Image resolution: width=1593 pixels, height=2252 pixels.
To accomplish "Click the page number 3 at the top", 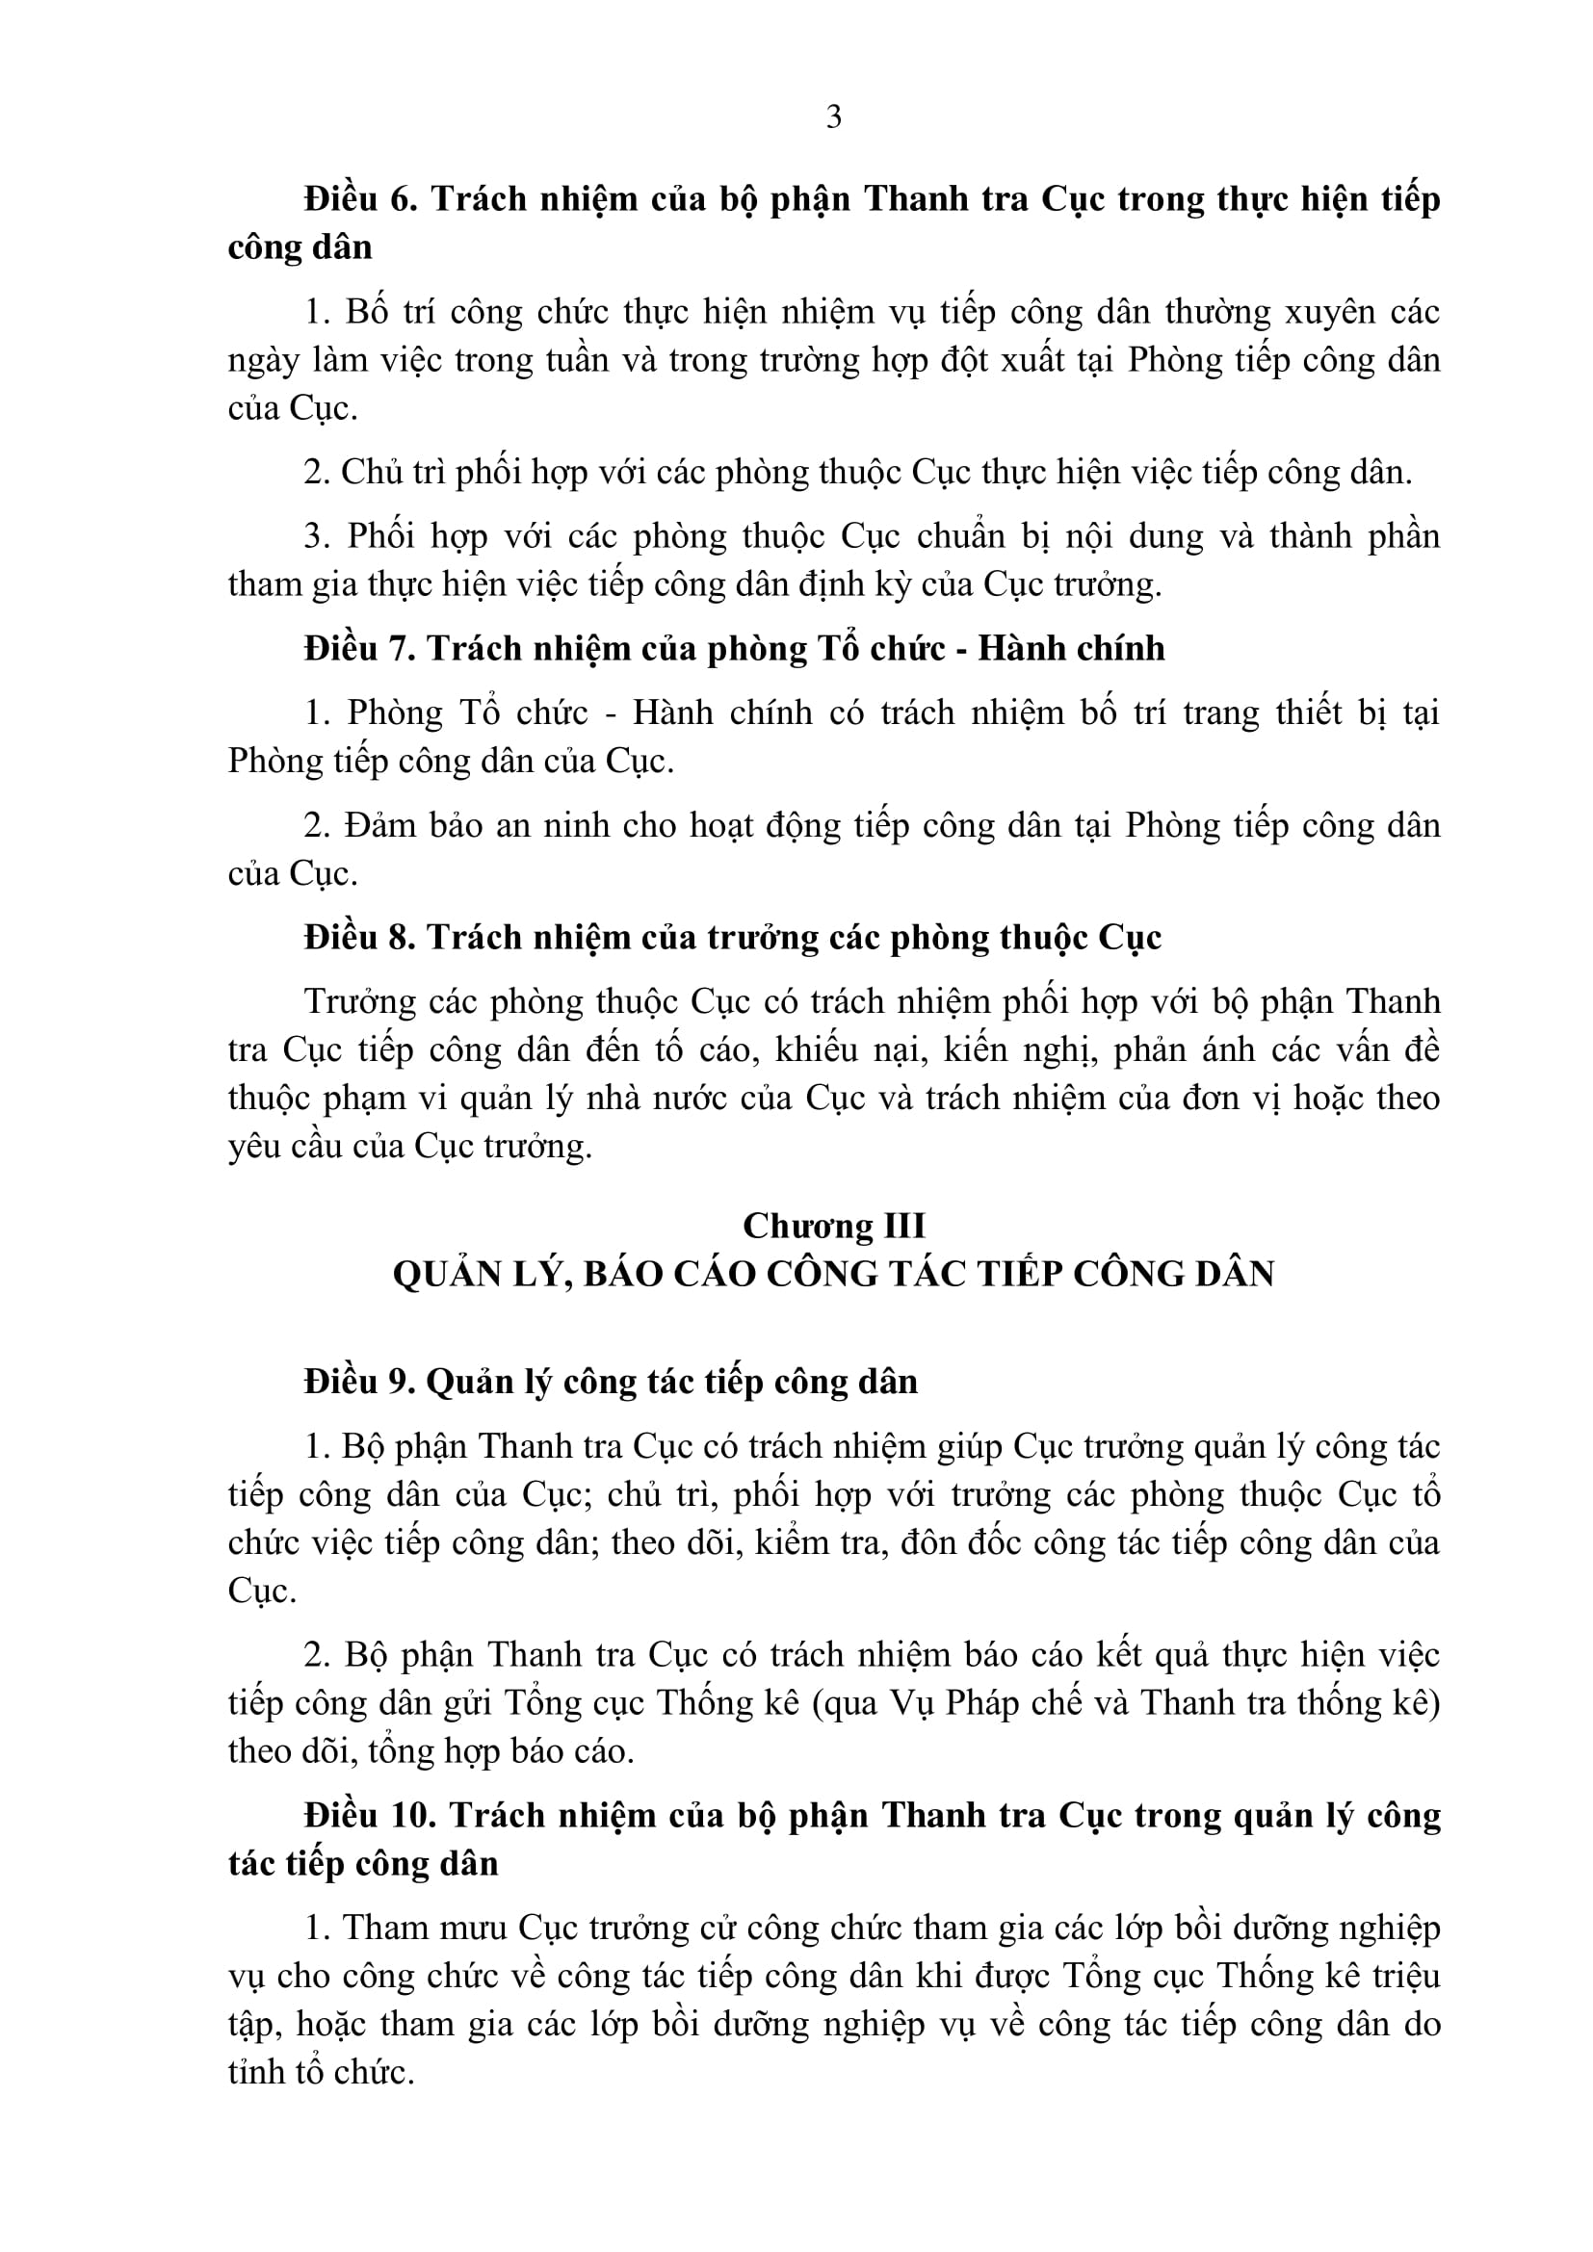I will tap(834, 117).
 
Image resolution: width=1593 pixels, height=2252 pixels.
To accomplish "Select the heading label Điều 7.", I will tap(360, 649).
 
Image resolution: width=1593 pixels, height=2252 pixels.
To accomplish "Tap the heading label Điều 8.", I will tap(360, 939).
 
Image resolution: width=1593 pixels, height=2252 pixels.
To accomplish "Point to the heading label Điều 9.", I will tap(360, 1382).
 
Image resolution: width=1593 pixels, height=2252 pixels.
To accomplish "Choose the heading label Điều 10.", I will tap(369, 1816).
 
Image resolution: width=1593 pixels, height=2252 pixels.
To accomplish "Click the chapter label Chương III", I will tap(834, 1226).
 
